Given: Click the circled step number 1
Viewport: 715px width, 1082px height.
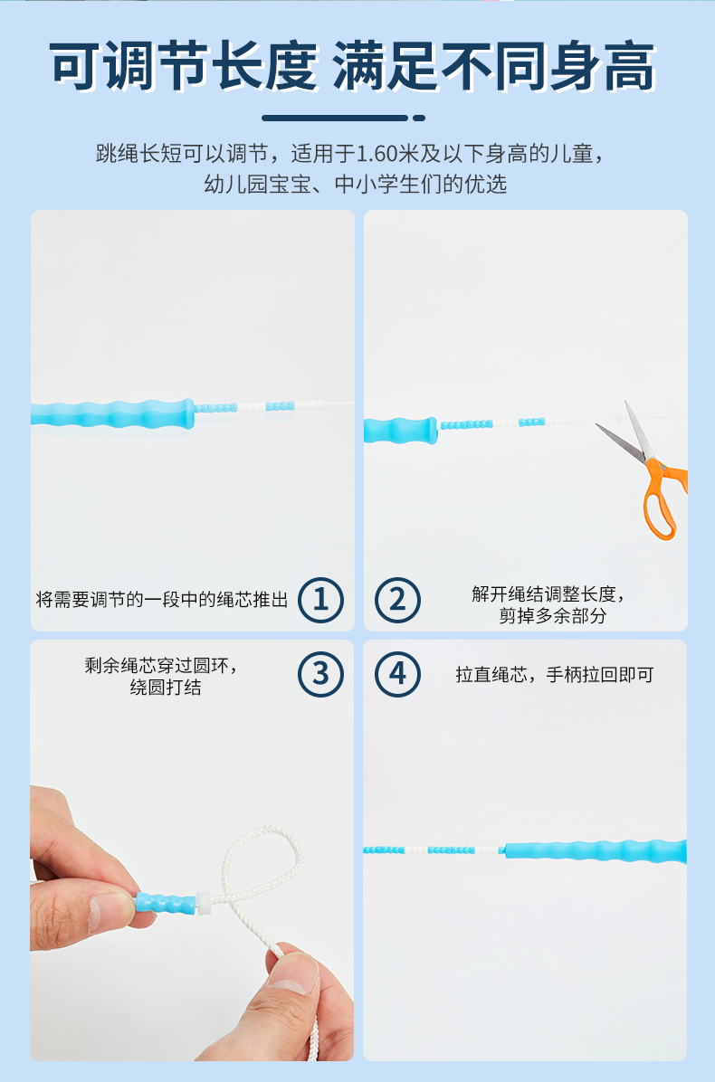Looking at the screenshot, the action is (321, 600).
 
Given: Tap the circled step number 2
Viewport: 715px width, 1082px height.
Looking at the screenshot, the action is (397, 600).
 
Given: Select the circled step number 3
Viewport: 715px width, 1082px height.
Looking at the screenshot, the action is (321, 674).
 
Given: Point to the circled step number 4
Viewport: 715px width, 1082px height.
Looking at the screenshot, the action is (397, 674).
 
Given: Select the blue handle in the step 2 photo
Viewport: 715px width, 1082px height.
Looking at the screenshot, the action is (400, 430).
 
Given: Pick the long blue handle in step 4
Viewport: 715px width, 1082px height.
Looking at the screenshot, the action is (596, 850).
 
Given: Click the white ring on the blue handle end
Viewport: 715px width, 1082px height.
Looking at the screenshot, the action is (203, 902).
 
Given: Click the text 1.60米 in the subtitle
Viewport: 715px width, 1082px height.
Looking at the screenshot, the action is (388, 153).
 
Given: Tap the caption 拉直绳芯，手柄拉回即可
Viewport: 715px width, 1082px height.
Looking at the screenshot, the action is (554, 674).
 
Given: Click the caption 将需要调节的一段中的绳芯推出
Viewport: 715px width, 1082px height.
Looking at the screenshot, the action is (161, 600).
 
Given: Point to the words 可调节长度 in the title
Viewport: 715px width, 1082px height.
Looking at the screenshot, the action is (184, 67).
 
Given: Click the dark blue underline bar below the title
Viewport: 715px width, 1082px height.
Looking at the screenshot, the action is (343, 118).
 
